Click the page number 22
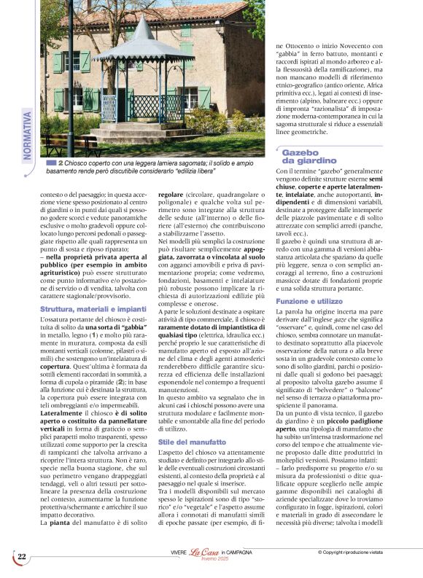coord(22,556)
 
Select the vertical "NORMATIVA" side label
coord(28,136)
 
